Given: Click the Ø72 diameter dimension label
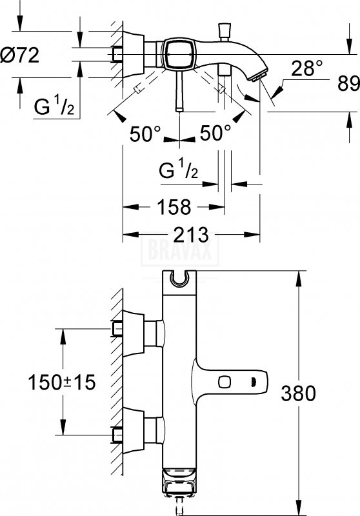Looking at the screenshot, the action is tap(20, 55).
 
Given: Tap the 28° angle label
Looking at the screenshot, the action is tap(306, 68).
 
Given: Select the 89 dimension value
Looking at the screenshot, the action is tap(349, 84).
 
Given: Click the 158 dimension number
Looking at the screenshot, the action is tap(174, 207).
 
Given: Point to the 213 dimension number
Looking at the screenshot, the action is tap(191, 234).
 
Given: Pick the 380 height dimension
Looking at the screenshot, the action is tap(298, 393).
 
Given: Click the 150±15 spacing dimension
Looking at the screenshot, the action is tap(61, 382).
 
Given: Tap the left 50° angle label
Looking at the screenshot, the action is tap(145, 134).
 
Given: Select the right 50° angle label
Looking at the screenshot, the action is tap(215, 134).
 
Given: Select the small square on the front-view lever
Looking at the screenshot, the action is tap(224, 382).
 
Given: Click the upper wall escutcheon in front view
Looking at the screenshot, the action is tap(134, 333).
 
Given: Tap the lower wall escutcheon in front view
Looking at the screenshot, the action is tap(134, 431).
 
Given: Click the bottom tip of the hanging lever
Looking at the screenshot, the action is tap(179, 110).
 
